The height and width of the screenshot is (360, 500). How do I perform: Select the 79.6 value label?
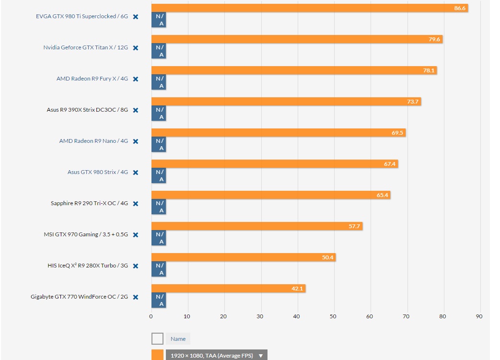[434, 39]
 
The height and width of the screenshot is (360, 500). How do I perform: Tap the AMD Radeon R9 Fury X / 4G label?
[92, 79]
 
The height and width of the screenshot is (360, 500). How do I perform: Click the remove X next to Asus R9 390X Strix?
[136, 110]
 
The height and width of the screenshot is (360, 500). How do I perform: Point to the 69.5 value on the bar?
[397, 133]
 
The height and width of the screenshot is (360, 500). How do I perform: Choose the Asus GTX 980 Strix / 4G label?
[98, 172]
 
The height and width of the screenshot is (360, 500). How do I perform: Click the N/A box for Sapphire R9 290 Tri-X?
[159, 207]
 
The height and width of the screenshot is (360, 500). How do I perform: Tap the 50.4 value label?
[327, 257]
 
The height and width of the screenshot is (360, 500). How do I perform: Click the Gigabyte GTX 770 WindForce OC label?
[79, 297]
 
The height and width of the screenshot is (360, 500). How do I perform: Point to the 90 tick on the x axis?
[479, 316]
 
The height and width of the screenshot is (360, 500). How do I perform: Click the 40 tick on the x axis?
[297, 316]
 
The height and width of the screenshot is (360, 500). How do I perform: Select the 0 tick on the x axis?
[151, 316]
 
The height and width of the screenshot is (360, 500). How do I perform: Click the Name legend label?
[178, 339]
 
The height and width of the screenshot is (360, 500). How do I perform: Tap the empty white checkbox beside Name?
[157, 339]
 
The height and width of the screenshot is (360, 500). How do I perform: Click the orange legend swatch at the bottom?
[157, 355]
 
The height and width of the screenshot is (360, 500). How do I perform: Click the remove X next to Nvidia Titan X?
[136, 48]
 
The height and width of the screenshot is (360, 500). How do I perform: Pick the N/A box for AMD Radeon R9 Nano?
[159, 144]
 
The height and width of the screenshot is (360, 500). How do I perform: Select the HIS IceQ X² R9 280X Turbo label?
[88, 266]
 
